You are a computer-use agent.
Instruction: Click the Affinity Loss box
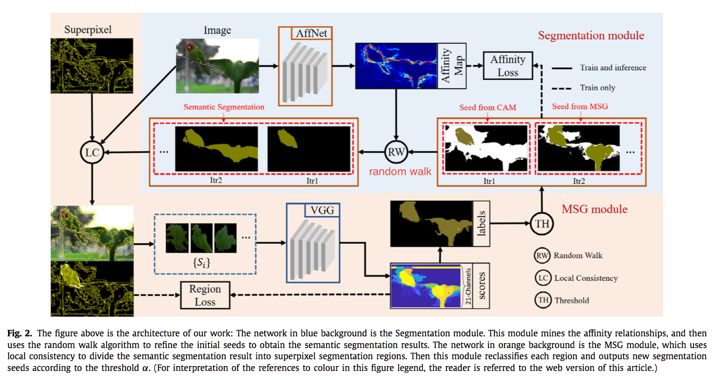(x=508, y=66)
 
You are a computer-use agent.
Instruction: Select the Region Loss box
(x=205, y=295)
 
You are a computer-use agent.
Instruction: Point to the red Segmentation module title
(x=591, y=36)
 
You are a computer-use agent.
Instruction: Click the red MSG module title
(x=594, y=209)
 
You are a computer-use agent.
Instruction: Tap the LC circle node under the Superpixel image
(x=92, y=153)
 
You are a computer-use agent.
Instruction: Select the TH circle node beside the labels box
(x=542, y=224)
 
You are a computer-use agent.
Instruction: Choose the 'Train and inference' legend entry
(x=613, y=68)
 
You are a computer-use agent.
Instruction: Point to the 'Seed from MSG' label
(x=580, y=106)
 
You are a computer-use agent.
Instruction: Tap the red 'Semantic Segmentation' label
(x=224, y=107)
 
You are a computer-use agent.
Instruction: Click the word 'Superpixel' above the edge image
(x=88, y=29)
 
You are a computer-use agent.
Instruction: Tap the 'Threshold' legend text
(x=572, y=300)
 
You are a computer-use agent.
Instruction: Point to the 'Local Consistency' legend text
(x=586, y=278)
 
